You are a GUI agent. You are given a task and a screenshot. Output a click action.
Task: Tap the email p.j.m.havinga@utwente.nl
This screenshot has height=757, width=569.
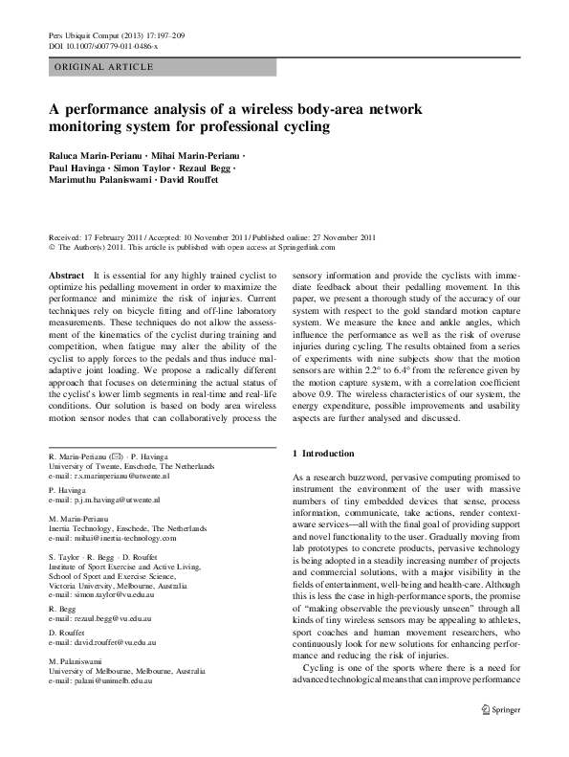[111, 500]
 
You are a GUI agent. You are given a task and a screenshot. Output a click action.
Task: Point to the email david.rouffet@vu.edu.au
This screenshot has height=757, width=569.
[113, 646]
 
